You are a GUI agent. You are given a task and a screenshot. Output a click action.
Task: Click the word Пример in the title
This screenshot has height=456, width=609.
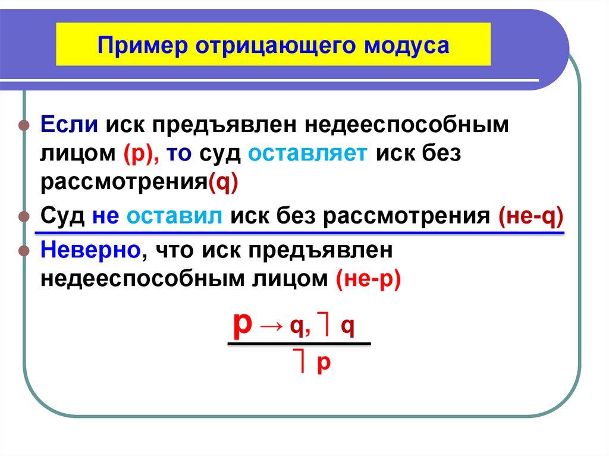coord(137,45)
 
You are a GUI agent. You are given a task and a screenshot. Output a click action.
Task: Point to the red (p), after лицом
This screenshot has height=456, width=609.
coord(141,155)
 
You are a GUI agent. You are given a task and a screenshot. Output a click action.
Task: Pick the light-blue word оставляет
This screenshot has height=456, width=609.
coord(309,154)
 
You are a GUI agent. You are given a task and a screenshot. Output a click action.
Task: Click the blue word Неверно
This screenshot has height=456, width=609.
coord(90,251)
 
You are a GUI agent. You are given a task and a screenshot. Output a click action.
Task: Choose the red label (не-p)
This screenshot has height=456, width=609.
coord(368,278)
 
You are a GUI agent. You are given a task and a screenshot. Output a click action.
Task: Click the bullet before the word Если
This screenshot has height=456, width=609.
coord(24,127)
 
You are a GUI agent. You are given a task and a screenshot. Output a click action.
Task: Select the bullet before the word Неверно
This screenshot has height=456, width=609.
coord(24,251)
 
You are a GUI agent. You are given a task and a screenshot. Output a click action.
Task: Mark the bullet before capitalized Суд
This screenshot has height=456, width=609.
coord(24,216)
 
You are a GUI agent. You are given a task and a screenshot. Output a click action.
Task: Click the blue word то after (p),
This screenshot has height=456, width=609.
coord(180,155)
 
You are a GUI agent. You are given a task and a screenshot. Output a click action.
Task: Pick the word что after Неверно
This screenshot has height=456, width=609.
coord(173,251)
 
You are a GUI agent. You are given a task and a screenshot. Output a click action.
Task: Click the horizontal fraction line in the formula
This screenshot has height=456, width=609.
coord(299,343)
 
